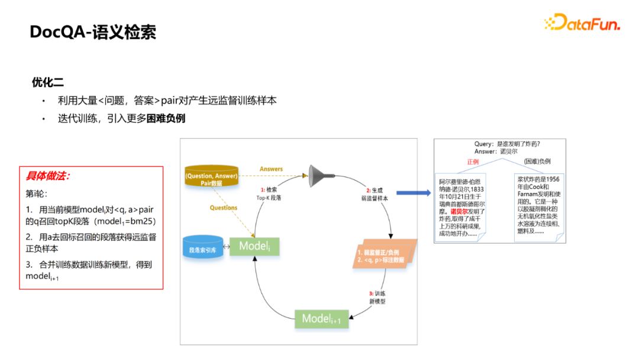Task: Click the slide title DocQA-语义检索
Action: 93,32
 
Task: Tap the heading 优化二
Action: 48,82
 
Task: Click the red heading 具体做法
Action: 48,176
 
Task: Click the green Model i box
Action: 254,246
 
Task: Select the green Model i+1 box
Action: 322,319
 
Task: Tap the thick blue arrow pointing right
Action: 413,193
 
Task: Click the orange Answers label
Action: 271,169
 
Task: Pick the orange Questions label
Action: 224,208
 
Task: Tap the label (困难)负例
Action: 537,162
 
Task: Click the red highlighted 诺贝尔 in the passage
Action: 459,211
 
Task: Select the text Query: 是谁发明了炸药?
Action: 507,144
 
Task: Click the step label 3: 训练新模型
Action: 377,297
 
